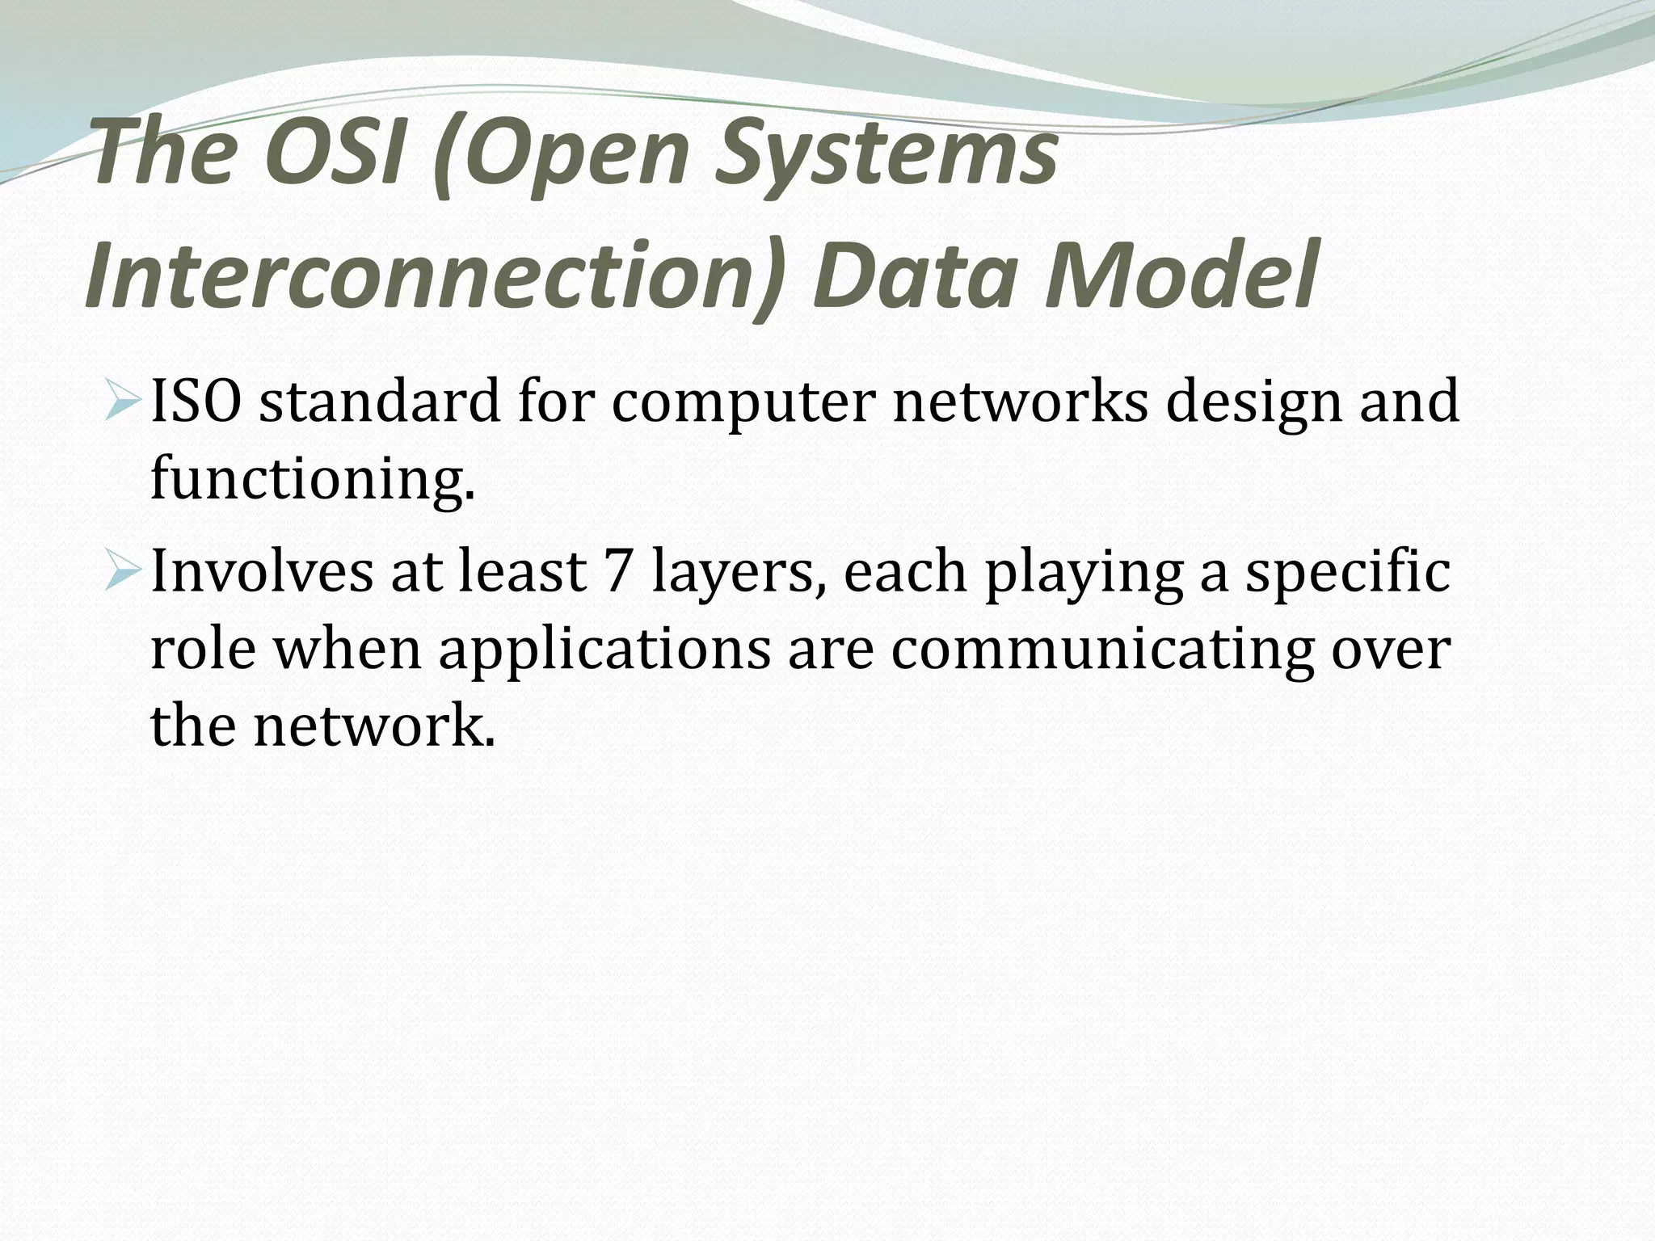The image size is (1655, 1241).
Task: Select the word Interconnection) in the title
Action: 436,276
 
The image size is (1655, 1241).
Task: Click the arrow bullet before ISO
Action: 124,402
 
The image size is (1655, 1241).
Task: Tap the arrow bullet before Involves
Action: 124,570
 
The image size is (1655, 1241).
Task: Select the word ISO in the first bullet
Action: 195,402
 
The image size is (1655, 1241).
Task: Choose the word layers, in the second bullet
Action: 739,570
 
